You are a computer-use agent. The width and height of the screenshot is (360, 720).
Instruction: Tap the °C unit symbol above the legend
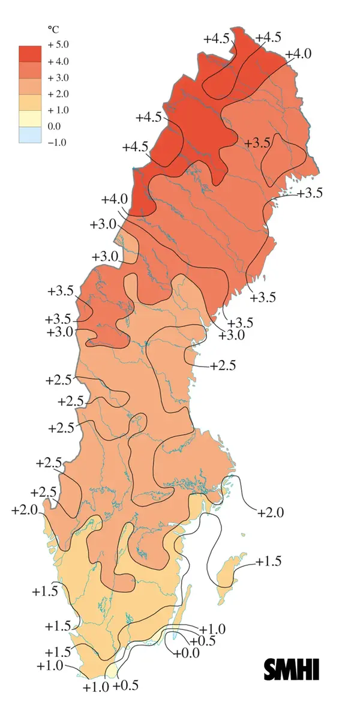[x=52, y=29]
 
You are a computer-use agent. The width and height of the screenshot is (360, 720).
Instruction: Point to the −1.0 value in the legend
[x=58, y=142]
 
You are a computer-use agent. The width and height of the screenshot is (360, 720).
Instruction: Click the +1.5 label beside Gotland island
[x=268, y=562]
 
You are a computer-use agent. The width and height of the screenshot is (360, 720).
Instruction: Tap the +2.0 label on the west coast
[x=25, y=510]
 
